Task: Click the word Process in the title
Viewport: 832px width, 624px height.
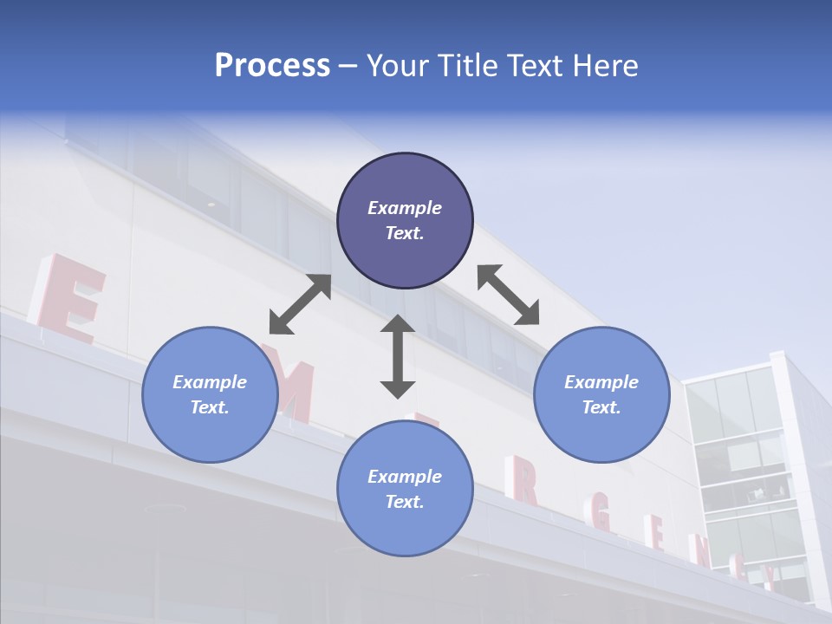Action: click(x=272, y=66)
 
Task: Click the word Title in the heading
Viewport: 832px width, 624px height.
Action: click(x=464, y=66)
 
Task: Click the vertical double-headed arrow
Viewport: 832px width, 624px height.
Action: click(x=398, y=356)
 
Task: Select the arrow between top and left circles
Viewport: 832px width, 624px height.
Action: click(x=300, y=304)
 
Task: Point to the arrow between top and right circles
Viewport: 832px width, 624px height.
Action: click(x=508, y=295)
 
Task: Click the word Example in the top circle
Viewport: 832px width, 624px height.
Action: click(x=405, y=208)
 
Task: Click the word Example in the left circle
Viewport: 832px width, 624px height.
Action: click(x=210, y=382)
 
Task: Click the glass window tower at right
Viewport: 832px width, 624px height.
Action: click(x=745, y=468)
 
